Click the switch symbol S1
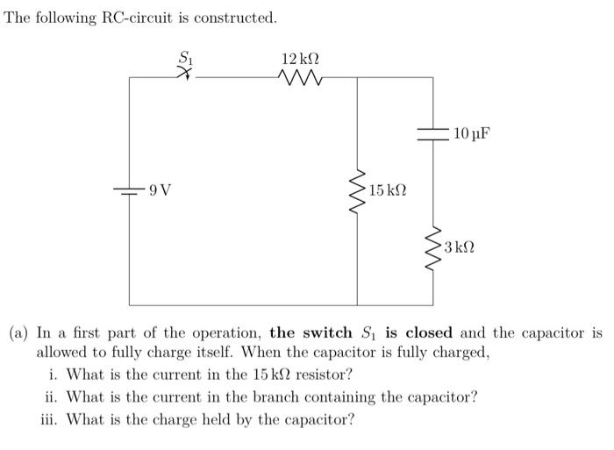coord(185,76)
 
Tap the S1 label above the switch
coord(185,57)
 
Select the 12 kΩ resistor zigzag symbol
coord(300,78)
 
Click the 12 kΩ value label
coord(300,58)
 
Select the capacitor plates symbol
coord(433,134)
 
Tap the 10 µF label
coord(472,134)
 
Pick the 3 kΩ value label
coord(460,247)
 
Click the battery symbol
coord(130,189)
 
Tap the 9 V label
coord(160,189)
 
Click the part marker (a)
coord(19,333)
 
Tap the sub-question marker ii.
coord(52,396)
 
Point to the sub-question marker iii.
coord(50,418)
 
